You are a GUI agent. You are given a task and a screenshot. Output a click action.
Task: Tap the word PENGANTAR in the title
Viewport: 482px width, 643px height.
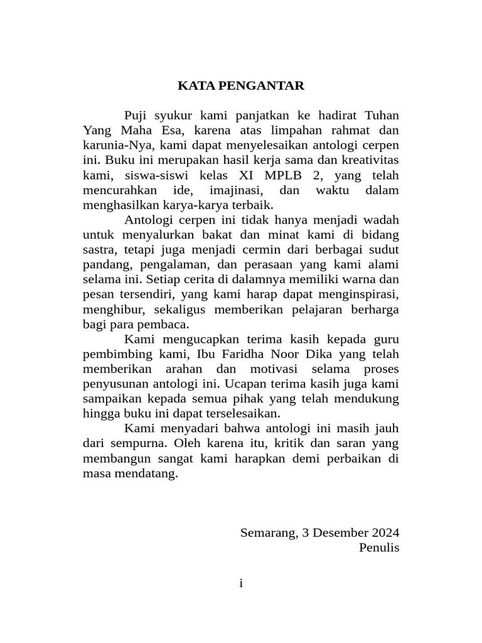pos(259,86)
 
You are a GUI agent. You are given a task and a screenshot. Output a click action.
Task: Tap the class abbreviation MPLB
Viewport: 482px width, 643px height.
pos(274,175)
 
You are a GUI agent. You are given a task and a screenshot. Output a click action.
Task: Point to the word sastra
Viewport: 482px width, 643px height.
pos(99,251)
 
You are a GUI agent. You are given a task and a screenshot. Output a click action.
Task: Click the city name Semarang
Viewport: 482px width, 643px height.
pos(268,533)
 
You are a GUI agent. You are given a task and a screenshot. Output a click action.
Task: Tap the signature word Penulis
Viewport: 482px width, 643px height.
pos(379,548)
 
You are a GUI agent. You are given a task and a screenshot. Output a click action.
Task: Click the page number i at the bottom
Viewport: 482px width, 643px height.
pos(241,584)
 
